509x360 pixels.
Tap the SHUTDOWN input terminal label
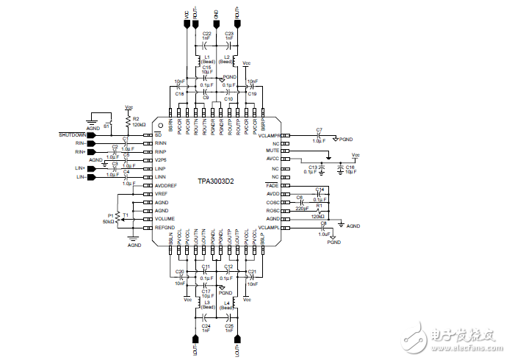[73, 135]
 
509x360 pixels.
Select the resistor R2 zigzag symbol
[127, 120]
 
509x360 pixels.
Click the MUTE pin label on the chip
[273, 151]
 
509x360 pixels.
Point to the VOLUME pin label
[165, 219]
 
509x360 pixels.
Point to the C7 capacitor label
[319, 130]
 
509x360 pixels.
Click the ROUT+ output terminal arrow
[238, 24]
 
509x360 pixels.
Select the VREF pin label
[161, 194]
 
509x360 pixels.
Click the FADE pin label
[273, 187]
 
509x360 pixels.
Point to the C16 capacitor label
[350, 168]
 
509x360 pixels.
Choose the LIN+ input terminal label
[81, 169]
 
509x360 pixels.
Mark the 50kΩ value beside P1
[109, 221]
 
